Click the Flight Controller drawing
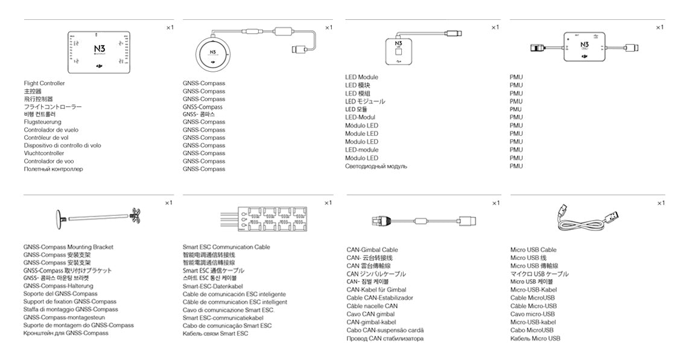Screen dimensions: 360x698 pyautogui.click(x=98, y=49)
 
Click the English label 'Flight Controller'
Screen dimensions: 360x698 pyautogui.click(x=44, y=83)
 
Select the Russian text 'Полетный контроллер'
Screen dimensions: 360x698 pyautogui.click(x=53, y=169)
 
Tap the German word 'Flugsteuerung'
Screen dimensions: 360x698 pyautogui.click(x=42, y=122)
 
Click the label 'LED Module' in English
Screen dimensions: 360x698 pyautogui.click(x=361, y=77)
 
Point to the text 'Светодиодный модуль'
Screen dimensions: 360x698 pyautogui.click(x=376, y=166)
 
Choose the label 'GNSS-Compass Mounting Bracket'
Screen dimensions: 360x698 pyautogui.click(x=68, y=247)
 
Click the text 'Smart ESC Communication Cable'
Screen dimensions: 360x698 pyautogui.click(x=226, y=247)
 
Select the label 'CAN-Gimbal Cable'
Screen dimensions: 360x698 pyautogui.click(x=372, y=250)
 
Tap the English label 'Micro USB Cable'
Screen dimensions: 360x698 pyautogui.click(x=533, y=250)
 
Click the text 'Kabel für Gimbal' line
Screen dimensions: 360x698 pyautogui.click(x=376, y=289)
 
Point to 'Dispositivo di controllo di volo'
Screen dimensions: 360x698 pyautogui.click(x=62, y=145)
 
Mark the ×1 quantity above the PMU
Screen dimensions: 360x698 pyautogui.click(x=659, y=27)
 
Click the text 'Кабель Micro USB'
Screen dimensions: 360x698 pyautogui.click(x=535, y=338)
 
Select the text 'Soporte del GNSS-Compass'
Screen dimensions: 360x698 pyautogui.click(x=60, y=294)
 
